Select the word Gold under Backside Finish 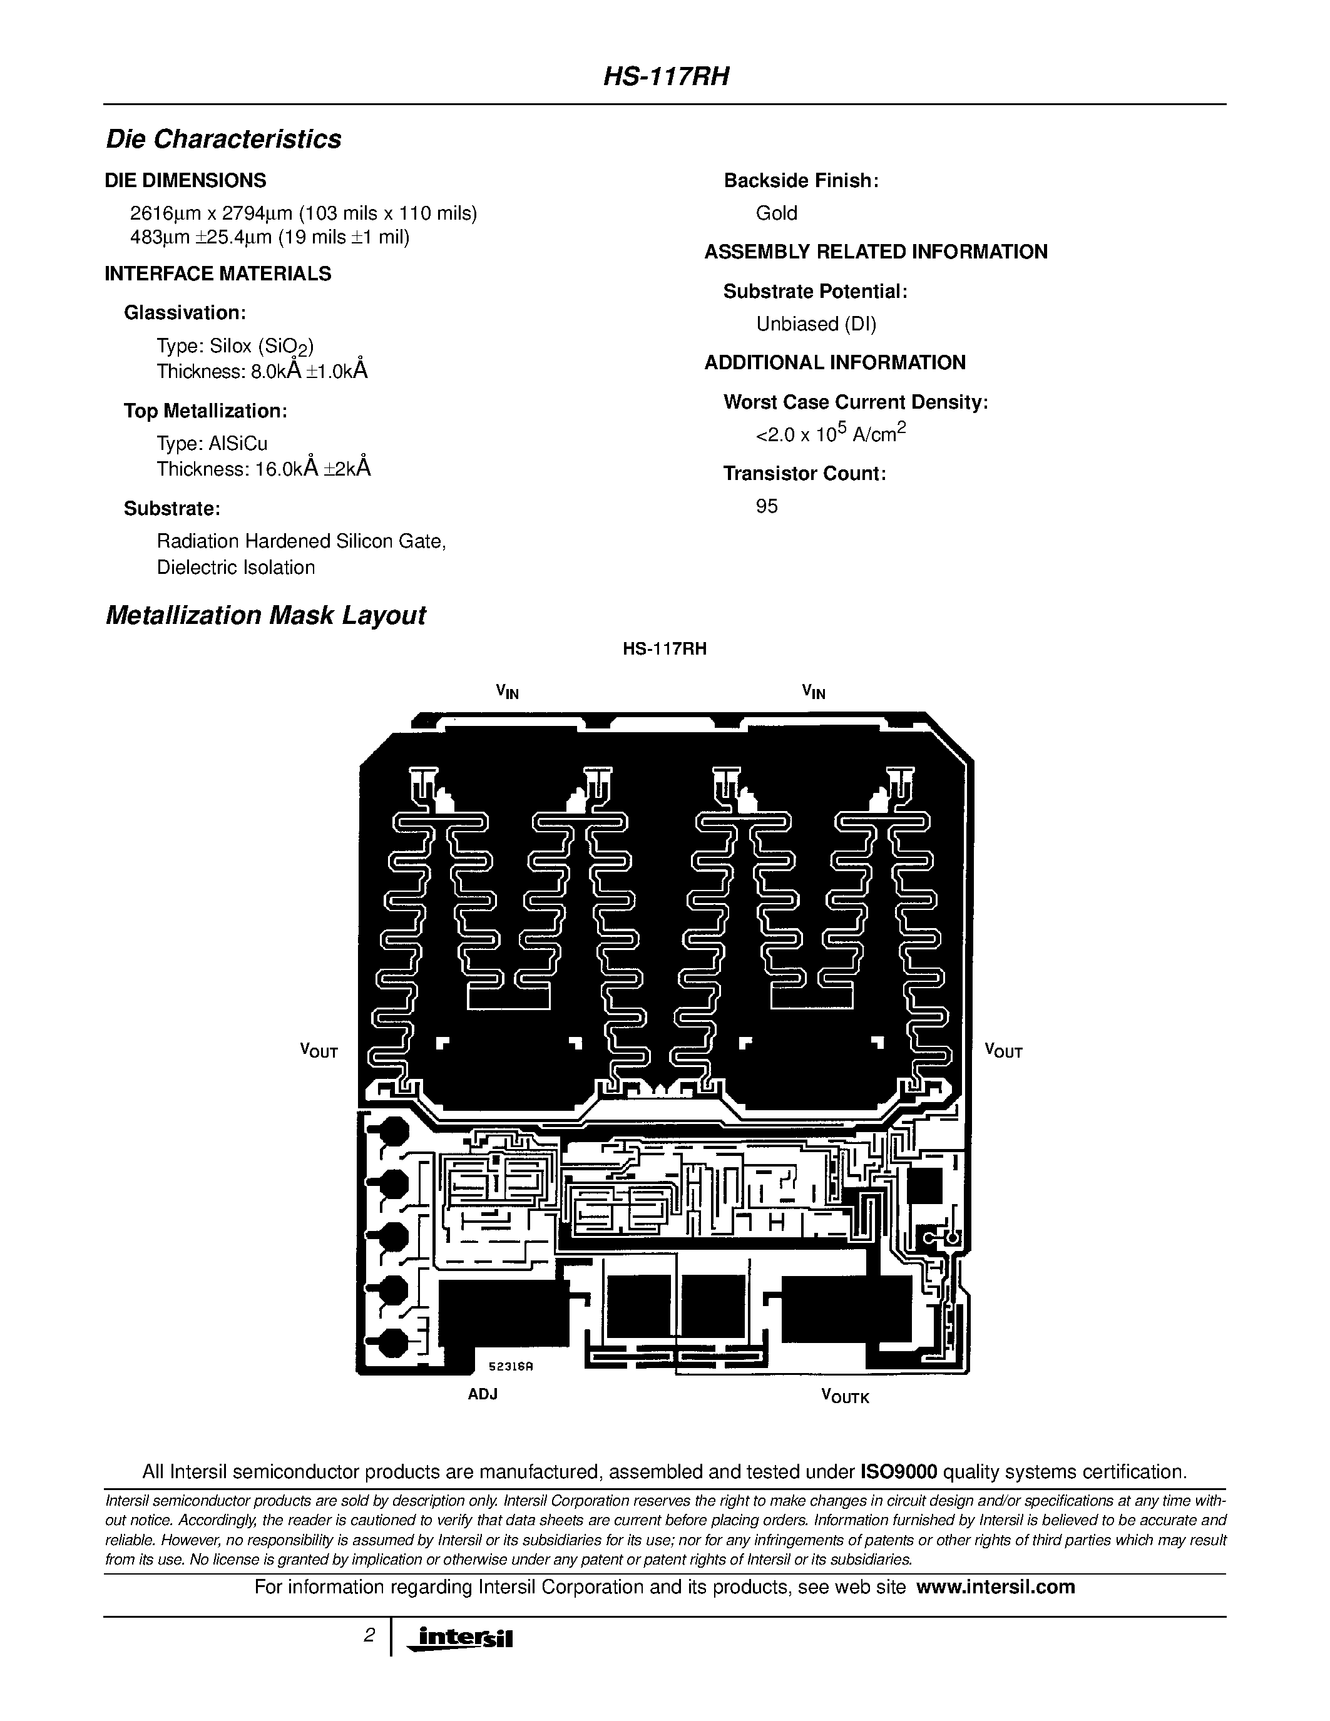pyautogui.click(x=776, y=213)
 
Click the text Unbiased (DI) pyautogui.click(x=816, y=324)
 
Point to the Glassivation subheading pyautogui.click(x=185, y=313)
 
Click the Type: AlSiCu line pyautogui.click(x=212, y=443)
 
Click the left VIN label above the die pyautogui.click(x=508, y=692)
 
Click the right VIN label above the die pyautogui.click(x=813, y=692)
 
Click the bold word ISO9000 pyautogui.click(x=898, y=1472)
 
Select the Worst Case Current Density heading pyautogui.click(x=856, y=402)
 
